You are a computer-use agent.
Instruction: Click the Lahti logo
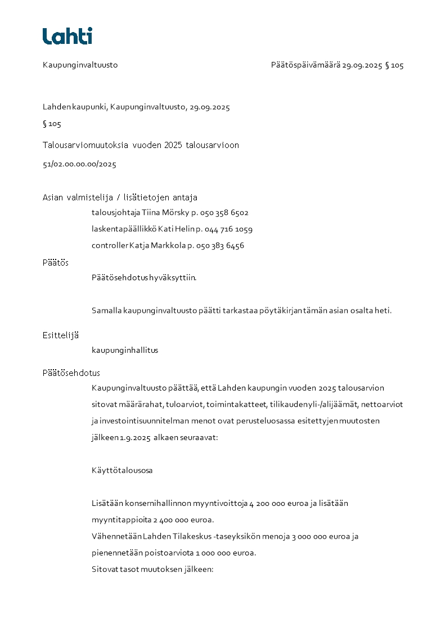click(67, 36)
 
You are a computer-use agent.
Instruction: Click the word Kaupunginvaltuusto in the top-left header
click(80, 65)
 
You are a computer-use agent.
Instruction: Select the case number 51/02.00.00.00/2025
click(79, 165)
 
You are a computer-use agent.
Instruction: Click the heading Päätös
click(55, 263)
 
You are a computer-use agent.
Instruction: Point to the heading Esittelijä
click(60, 335)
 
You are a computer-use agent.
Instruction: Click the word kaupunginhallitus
click(125, 351)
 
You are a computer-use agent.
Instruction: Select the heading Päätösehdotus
click(71, 373)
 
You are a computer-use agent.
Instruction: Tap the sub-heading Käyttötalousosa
click(122, 470)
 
